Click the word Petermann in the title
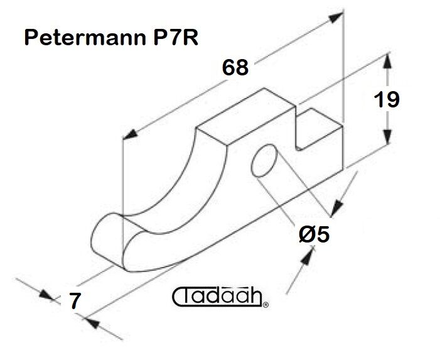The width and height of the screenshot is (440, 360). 85,38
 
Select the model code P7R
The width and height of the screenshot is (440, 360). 176,37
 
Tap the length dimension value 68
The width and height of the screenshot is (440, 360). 235,68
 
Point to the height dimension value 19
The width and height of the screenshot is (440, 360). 387,99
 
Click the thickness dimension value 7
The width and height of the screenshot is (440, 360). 75,301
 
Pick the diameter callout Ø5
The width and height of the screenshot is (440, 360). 314,234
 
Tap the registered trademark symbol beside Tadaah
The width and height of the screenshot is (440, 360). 266,305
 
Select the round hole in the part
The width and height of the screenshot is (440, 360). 264,160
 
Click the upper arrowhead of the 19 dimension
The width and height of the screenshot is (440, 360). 387,60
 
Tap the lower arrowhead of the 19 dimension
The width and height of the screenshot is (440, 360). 387,137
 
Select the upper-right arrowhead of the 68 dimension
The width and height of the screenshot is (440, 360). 336,17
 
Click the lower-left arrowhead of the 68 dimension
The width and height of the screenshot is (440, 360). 130,134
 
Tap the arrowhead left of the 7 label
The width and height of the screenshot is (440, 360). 46,295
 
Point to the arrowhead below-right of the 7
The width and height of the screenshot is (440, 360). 93,323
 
